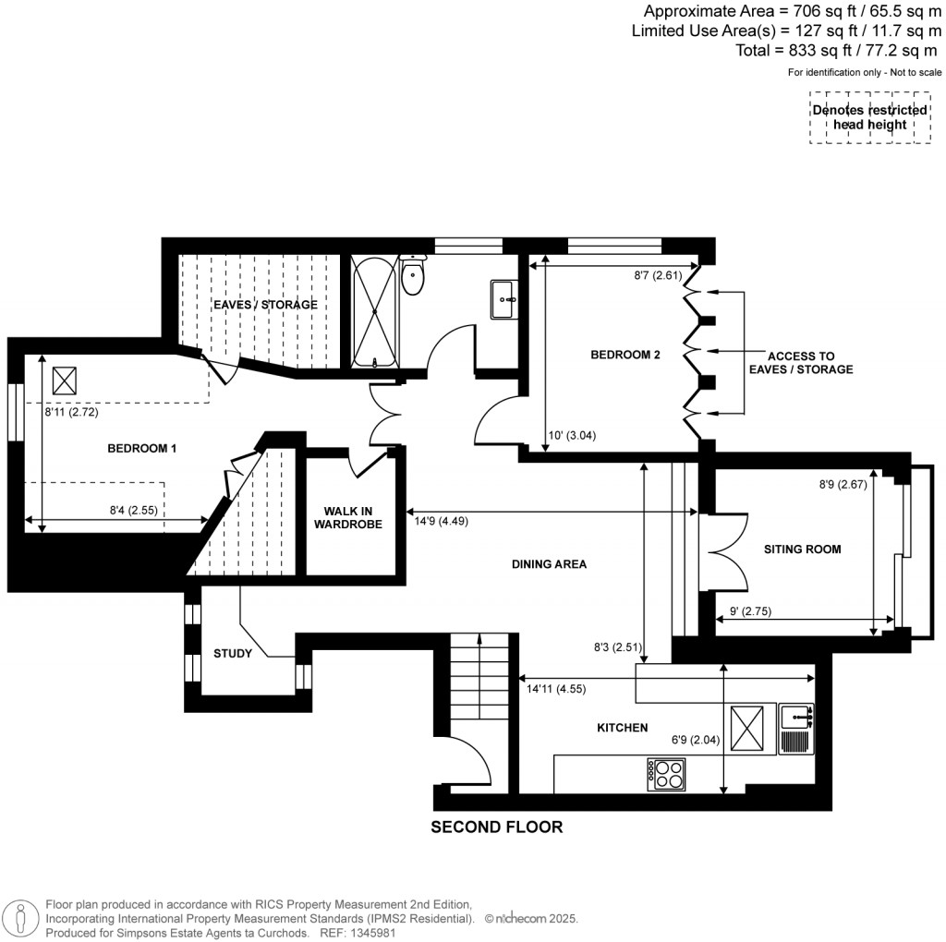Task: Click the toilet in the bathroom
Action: tap(413, 274)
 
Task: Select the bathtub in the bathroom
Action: tap(375, 312)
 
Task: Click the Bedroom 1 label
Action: tap(142, 448)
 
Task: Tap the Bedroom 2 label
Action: tap(625, 355)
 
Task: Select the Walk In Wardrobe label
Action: tap(351, 518)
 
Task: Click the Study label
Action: tap(232, 654)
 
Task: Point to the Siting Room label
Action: tap(802, 549)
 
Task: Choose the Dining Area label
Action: tap(551, 563)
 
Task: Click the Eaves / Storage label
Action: tap(265, 305)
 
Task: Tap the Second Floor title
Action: tap(496, 827)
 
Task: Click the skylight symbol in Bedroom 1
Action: tap(65, 379)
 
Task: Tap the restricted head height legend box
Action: tap(869, 117)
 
